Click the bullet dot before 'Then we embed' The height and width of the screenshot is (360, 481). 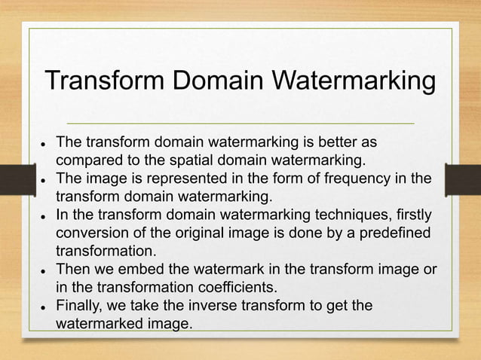[45, 270]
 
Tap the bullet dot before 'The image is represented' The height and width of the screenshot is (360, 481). [45, 179]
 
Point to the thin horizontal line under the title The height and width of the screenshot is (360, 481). [240, 123]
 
